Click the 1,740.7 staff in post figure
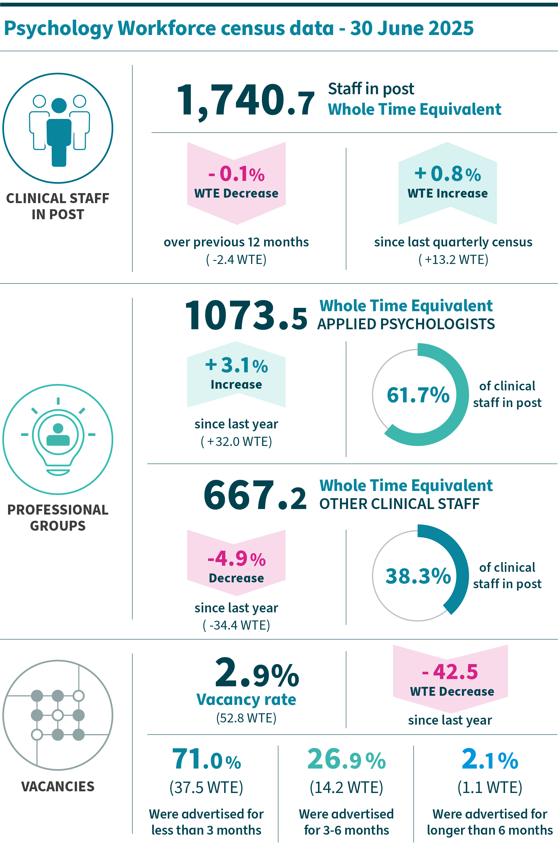(246, 100)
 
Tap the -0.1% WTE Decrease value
(237, 174)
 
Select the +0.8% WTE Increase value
(448, 174)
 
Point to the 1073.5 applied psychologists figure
(246, 316)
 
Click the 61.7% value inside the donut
(418, 395)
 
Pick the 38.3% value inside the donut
(418, 576)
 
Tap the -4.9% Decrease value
(237, 558)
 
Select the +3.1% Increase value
(237, 366)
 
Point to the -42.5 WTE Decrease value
(450, 672)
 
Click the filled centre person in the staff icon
(59, 133)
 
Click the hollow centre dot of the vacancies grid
(58, 715)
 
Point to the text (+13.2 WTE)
(453, 260)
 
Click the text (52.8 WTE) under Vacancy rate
(246, 718)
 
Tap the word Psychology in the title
(58, 29)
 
